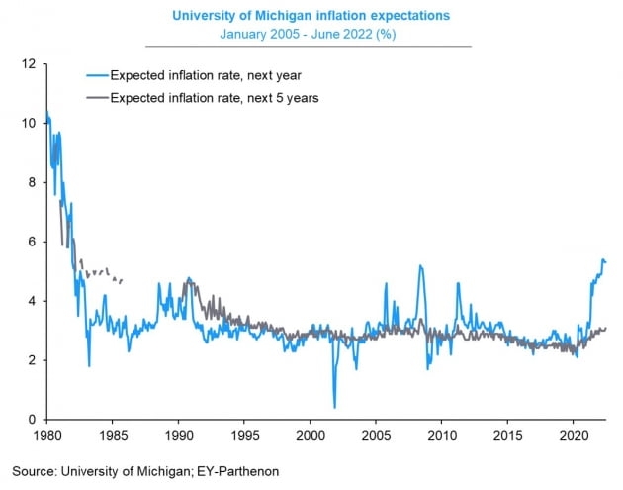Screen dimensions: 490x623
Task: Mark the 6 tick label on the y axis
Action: [x=32, y=243]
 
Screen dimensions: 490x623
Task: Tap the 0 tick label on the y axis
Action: [x=32, y=420]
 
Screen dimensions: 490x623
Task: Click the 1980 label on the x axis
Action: [x=46, y=435]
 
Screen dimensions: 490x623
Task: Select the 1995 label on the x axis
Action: [x=244, y=435]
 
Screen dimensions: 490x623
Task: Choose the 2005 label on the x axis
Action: [x=376, y=435]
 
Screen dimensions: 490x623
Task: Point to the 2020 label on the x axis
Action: [x=574, y=435]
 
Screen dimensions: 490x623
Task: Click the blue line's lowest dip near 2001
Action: [x=334, y=407]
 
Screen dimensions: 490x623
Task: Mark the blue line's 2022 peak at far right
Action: [x=603, y=260]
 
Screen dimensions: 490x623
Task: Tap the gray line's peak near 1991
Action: [x=189, y=278]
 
